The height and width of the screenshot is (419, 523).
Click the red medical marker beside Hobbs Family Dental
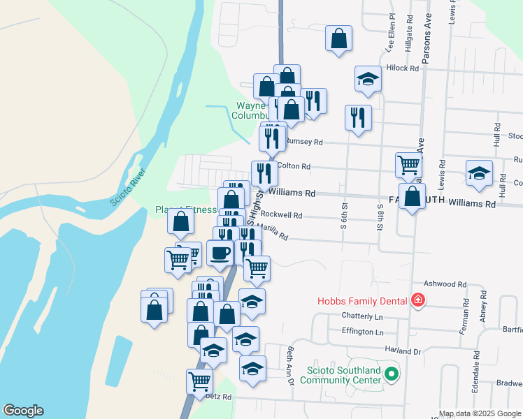(x=418, y=300)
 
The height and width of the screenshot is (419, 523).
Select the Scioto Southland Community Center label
(x=341, y=375)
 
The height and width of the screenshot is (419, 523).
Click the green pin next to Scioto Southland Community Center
(x=392, y=375)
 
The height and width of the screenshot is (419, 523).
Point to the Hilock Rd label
(x=403, y=68)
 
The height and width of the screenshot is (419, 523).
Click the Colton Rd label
(x=293, y=166)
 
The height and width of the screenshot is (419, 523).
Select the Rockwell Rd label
(x=284, y=216)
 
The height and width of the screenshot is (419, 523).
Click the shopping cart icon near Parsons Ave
(x=408, y=166)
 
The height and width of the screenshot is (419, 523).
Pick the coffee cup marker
(x=220, y=252)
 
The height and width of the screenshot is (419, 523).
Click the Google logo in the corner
(x=22, y=411)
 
